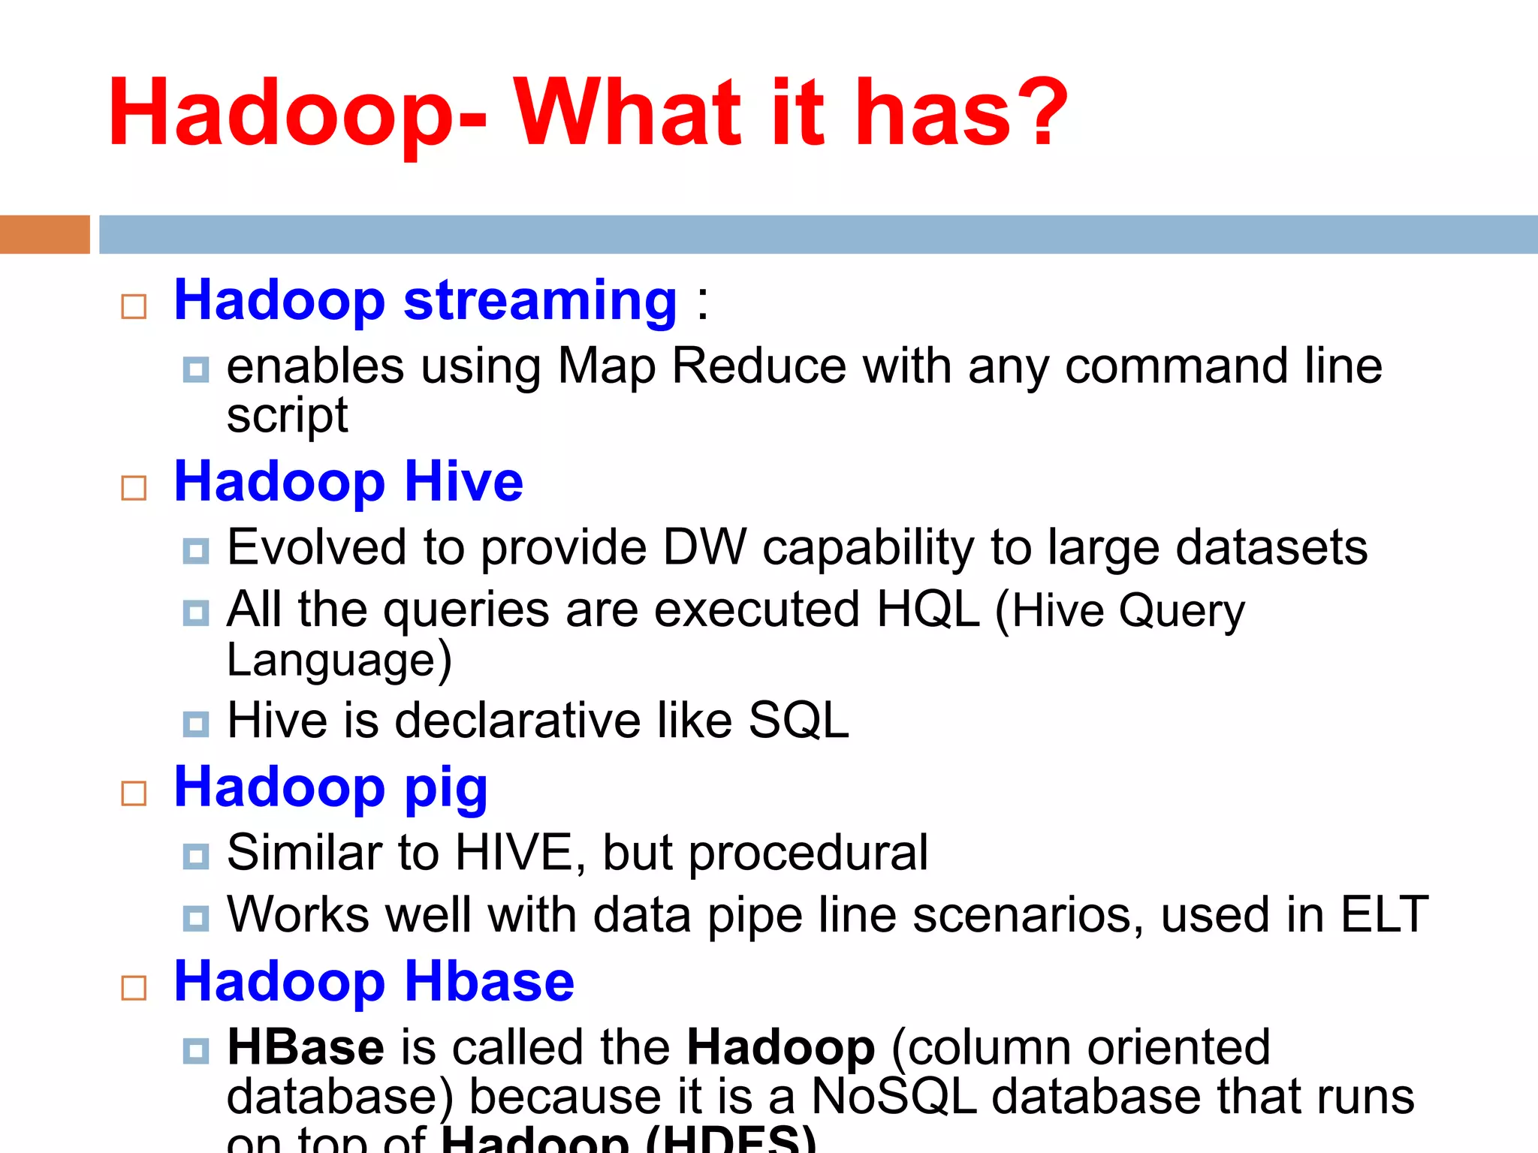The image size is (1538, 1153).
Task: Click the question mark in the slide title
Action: (x=1039, y=113)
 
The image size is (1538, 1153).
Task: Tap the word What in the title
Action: (x=626, y=113)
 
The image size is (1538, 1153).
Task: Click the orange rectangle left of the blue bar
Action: (x=44, y=234)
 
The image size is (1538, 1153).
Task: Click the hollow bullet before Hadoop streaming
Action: (x=134, y=306)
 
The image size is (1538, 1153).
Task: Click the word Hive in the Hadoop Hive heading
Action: (x=463, y=482)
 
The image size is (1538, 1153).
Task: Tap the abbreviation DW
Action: (x=704, y=547)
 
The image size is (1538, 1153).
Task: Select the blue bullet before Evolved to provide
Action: (x=196, y=551)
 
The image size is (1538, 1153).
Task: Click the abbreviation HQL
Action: (x=927, y=609)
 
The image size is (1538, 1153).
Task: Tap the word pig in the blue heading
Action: (x=446, y=789)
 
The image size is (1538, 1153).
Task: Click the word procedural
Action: (x=808, y=853)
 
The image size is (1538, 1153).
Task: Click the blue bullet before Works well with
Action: (x=196, y=918)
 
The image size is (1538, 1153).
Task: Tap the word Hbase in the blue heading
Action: (x=490, y=982)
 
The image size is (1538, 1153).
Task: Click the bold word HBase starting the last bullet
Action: (x=306, y=1047)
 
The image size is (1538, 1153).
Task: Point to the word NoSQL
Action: (x=894, y=1097)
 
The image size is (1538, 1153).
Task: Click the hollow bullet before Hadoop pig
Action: (x=134, y=793)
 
